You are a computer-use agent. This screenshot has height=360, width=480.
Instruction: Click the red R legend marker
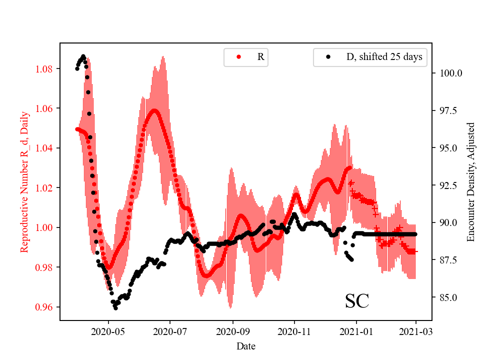pyautogui.click(x=238, y=57)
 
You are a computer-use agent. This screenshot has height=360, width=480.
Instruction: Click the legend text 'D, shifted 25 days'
pyautogui.click(x=384, y=57)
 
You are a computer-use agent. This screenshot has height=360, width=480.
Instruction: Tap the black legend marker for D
pyautogui.click(x=328, y=57)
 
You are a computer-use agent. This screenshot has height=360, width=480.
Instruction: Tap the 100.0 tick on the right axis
pyautogui.click(x=450, y=73)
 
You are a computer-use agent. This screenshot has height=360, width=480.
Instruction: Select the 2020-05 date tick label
pyautogui.click(x=108, y=330)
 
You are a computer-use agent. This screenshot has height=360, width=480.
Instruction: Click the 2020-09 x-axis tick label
pyautogui.click(x=232, y=330)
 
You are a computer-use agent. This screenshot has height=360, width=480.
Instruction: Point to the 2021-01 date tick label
pyautogui.click(x=356, y=330)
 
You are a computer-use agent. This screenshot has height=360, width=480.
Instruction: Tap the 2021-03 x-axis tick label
pyautogui.click(x=415, y=330)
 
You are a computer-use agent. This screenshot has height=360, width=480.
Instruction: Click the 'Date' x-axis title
pyautogui.click(x=246, y=345)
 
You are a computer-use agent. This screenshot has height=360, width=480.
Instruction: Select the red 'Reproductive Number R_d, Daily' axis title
pyautogui.click(x=24, y=181)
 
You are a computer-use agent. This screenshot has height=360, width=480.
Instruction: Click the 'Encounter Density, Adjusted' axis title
pyautogui.click(x=470, y=181)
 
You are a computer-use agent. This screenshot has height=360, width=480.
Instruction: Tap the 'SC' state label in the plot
pyautogui.click(x=357, y=301)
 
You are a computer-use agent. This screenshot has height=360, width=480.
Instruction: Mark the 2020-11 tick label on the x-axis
pyautogui.click(x=294, y=330)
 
